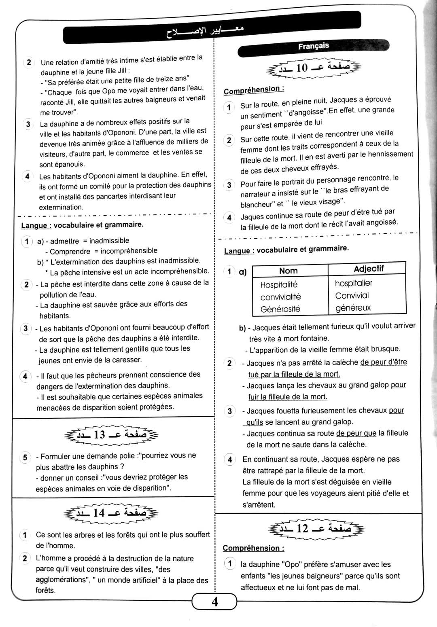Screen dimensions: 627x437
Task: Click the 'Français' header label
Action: (314, 46)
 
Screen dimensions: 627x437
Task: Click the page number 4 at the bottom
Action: (214, 602)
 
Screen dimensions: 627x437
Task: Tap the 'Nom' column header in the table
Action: (288, 271)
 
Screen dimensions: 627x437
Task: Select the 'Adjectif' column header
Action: (368, 269)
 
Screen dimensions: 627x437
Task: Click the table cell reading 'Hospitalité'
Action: (279, 284)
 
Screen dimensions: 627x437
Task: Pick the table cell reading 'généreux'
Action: (353, 308)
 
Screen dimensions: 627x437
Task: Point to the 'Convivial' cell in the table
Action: (352, 296)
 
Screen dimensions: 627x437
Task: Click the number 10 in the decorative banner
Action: (301, 68)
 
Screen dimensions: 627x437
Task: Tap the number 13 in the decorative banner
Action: (99, 435)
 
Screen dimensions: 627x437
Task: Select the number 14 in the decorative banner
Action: (99, 513)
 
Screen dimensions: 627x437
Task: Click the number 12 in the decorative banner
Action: (302, 528)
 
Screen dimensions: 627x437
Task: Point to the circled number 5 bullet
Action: (25, 458)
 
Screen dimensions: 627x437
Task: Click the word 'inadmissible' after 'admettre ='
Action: (109, 241)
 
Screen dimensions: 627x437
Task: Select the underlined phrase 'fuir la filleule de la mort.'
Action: (287, 397)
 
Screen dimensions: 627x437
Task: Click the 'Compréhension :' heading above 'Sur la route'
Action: (254, 89)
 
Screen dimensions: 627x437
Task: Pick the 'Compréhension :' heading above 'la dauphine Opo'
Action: (253, 548)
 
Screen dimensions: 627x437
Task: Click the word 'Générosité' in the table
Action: (280, 309)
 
